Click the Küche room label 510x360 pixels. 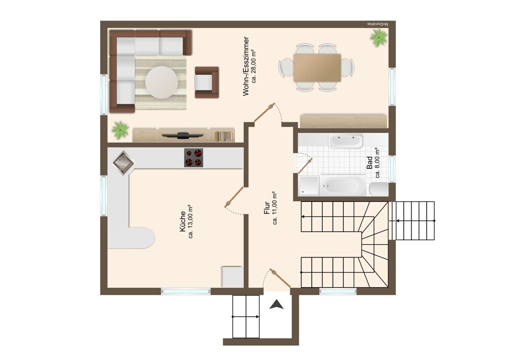183,221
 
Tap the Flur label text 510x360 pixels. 267,208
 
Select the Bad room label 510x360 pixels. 369,162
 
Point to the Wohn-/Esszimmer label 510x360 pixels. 246,66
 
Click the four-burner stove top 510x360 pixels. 193,158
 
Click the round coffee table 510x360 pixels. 161,82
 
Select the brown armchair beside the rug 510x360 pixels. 207,82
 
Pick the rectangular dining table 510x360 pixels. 317,68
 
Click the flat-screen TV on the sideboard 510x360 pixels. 178,135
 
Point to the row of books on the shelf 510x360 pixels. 224,136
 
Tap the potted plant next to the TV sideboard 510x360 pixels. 120,131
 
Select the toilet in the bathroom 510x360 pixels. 378,189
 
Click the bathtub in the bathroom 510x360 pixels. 343,186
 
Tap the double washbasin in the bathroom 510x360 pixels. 345,141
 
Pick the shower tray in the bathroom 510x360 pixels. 309,186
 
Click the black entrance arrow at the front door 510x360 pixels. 276,304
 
